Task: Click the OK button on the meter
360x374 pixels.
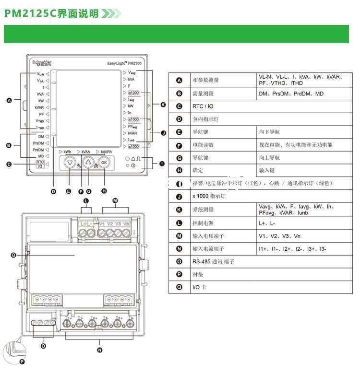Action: [x=104, y=163]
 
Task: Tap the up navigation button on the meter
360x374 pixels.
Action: [x=88, y=163]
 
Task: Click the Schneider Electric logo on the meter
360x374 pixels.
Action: [x=41, y=62]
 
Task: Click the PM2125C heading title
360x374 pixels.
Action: [x=51, y=13]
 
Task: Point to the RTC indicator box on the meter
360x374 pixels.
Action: [x=40, y=162]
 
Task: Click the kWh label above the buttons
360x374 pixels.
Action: [x=68, y=152]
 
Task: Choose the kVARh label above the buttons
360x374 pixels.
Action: [x=106, y=152]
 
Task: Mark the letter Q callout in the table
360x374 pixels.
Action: [x=180, y=287]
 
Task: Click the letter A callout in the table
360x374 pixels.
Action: [x=180, y=80]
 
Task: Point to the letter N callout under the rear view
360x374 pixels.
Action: [x=99, y=350]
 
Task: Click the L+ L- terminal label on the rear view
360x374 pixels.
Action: [x=87, y=224]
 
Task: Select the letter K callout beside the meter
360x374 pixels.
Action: [x=163, y=105]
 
